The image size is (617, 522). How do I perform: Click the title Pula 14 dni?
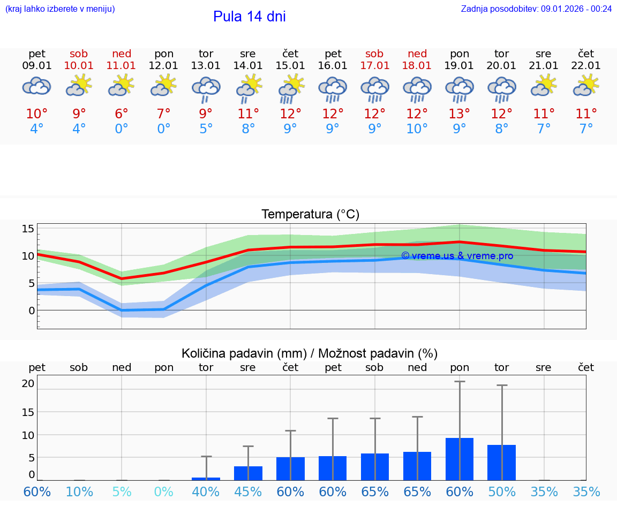[249, 17]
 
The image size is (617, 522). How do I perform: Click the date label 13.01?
[206, 66]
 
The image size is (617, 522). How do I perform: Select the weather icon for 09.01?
[36, 86]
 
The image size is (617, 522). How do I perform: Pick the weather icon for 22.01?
[586, 86]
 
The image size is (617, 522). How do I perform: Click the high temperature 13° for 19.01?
[459, 114]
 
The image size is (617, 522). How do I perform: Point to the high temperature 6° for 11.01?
[122, 114]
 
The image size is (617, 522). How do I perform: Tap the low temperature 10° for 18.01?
[417, 129]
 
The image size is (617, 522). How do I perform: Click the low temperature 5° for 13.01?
[206, 129]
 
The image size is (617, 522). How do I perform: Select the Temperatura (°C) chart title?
[310, 215]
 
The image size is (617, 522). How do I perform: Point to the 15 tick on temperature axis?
[28, 229]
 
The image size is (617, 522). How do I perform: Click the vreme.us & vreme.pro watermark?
[457, 256]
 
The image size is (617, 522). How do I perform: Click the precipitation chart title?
[310, 353]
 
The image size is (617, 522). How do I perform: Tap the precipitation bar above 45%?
[248, 473]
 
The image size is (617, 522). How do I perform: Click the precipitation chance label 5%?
[122, 491]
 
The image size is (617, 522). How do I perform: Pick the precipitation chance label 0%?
[163, 491]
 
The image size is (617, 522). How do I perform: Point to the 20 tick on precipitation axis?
[28, 383]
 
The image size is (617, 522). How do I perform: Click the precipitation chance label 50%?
[501, 491]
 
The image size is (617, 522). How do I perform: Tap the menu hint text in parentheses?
[60, 9]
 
